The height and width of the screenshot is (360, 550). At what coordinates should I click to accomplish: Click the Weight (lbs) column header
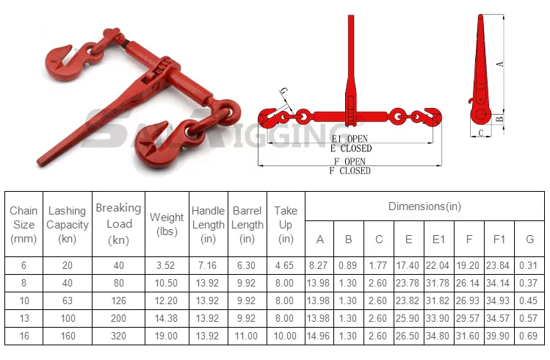pos(167,224)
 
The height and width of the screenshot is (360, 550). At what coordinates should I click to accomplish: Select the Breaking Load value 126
pos(118,300)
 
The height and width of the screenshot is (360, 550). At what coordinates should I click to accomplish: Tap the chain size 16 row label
pos(23,336)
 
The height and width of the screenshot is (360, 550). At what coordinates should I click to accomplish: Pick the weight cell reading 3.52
pos(165,265)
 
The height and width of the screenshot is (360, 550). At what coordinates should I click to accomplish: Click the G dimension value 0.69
pos(528,336)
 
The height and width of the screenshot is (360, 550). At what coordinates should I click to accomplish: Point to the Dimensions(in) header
pos(424,206)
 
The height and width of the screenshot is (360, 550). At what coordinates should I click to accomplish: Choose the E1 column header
pos(438,240)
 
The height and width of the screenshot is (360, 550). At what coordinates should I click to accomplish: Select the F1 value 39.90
pos(498,336)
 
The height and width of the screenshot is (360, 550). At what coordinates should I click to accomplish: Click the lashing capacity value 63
pos(68,300)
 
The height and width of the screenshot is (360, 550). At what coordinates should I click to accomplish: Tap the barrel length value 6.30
pos(246,265)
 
